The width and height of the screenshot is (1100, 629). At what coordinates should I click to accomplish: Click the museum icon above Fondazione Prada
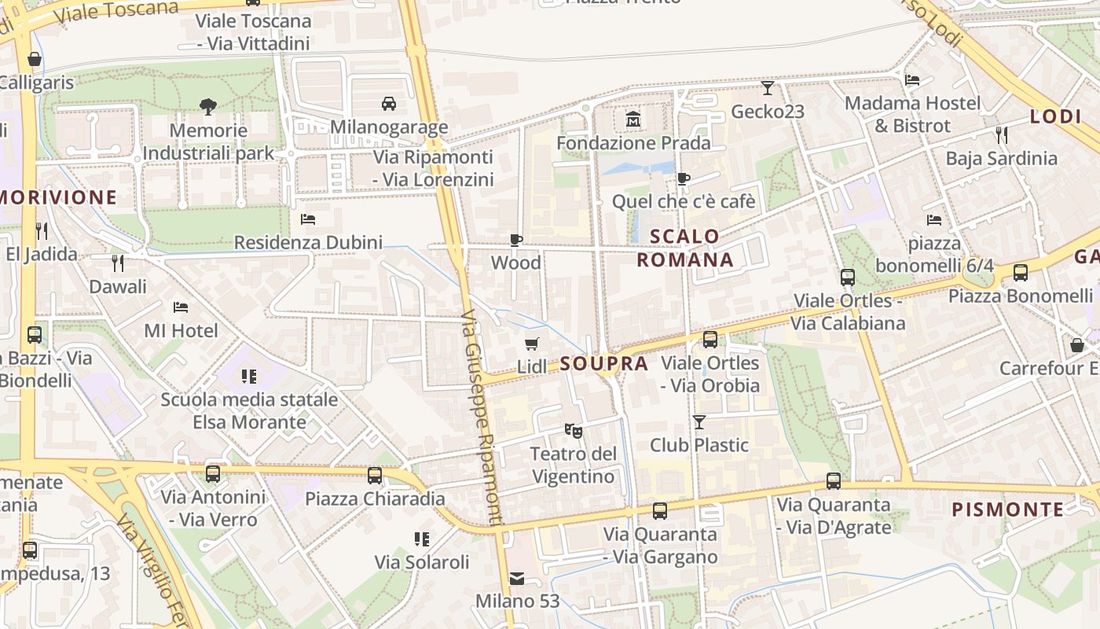(633, 120)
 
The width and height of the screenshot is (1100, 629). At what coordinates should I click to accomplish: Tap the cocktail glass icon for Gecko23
(768, 88)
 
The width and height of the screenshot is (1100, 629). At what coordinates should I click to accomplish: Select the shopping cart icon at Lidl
(532, 344)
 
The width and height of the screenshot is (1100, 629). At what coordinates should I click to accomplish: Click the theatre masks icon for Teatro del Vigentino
(574, 430)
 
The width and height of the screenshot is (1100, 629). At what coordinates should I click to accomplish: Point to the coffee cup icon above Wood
(516, 240)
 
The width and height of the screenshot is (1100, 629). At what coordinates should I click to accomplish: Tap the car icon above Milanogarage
(388, 104)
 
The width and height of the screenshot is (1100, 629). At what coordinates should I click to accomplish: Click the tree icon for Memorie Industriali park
(208, 106)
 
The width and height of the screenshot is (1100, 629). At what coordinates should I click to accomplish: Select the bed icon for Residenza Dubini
(308, 219)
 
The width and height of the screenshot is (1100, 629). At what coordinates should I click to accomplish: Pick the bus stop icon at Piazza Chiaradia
(375, 475)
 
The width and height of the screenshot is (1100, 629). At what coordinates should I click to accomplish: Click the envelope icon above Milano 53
(517, 579)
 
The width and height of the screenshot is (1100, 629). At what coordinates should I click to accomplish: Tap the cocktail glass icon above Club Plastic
(699, 422)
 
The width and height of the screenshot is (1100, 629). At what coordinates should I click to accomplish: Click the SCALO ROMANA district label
(684, 248)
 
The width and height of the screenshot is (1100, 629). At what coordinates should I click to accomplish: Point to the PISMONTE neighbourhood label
(1007, 509)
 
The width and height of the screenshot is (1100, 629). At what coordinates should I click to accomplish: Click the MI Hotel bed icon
(181, 307)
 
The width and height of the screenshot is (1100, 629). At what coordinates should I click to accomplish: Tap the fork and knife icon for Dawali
(118, 263)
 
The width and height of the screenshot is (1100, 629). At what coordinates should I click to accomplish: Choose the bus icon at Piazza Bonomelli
(1021, 273)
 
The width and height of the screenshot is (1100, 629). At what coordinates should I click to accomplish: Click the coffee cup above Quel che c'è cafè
(684, 178)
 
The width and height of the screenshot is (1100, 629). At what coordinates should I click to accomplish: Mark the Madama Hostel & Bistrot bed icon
(912, 79)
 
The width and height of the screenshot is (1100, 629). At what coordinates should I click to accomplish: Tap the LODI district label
(1056, 116)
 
